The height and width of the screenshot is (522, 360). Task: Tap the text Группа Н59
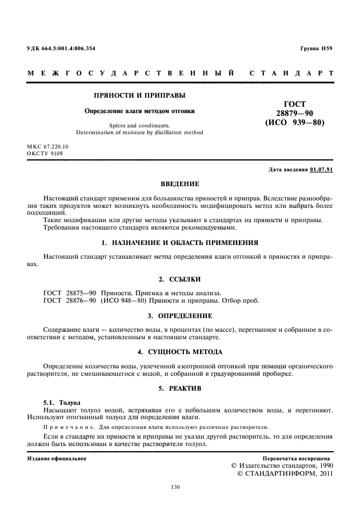point(316,48)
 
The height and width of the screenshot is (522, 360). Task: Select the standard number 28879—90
point(294,113)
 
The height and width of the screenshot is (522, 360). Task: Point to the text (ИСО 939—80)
point(294,122)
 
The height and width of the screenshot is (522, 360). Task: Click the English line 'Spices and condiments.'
point(139,125)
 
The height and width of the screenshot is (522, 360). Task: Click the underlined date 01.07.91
point(321,170)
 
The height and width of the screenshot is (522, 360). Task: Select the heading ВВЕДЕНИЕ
point(180,184)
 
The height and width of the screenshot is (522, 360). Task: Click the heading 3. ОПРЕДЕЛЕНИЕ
point(179,316)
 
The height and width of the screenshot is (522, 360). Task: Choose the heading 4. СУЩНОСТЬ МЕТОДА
point(179,351)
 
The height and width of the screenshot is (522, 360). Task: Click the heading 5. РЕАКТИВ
point(179,388)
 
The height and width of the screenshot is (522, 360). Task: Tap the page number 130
point(175,487)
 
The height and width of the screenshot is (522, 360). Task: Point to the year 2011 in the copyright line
point(322,473)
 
